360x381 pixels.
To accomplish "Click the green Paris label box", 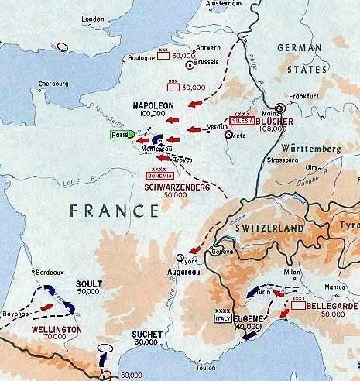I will pyautogui.click(x=118, y=133).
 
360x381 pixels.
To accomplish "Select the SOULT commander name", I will pyautogui.click(x=87, y=283).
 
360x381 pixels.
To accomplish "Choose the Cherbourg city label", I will pyautogui.click(x=29, y=85).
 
